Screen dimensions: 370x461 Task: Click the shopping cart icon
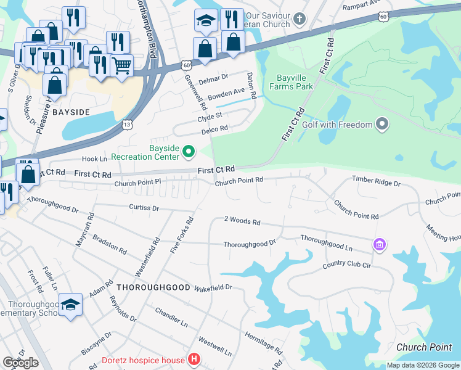click(x=122, y=65)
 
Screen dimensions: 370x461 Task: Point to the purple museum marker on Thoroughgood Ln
click(x=379, y=245)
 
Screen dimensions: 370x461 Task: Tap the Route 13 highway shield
click(x=126, y=125)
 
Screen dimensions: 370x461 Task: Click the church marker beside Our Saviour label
click(x=300, y=18)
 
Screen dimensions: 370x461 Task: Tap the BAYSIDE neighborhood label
click(x=71, y=112)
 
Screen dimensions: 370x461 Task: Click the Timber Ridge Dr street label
click(x=376, y=183)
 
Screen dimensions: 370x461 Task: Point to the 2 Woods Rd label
click(x=242, y=221)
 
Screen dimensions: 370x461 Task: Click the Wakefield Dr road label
click(x=213, y=287)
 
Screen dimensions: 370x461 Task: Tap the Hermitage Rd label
click(x=263, y=341)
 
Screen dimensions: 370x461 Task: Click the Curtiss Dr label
click(x=144, y=208)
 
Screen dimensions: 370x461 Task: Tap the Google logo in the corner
click(x=20, y=363)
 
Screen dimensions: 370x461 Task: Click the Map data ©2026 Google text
click(x=423, y=365)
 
